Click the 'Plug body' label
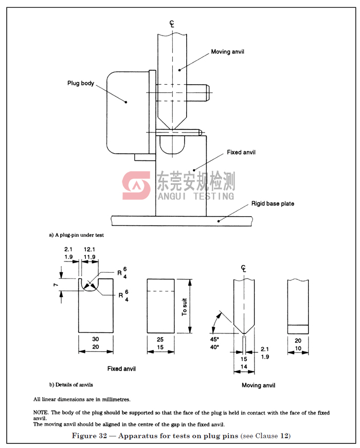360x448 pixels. pos(81,83)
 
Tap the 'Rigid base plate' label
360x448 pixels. pos(273,204)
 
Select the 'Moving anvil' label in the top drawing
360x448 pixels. pos(228,52)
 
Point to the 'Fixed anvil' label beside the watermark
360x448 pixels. pos(241,152)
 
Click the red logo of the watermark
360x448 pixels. pos(136,185)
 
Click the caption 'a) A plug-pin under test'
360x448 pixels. pos(76,235)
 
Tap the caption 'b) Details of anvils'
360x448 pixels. pos(71,385)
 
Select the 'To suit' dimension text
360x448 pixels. pos(185,307)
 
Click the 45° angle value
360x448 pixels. pos(214,340)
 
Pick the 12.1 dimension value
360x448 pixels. pos(89,249)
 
